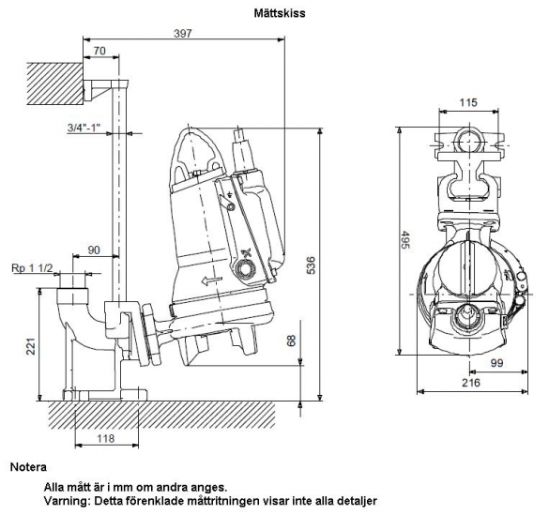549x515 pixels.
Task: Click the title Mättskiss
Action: click(x=280, y=13)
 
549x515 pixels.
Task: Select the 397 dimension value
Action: click(x=183, y=33)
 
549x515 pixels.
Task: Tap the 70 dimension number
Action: click(x=99, y=51)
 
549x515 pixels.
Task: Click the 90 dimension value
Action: click(x=94, y=250)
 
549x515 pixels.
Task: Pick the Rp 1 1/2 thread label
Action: click(x=32, y=268)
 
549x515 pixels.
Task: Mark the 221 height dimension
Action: click(x=32, y=346)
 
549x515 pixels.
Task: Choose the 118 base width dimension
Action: click(x=105, y=438)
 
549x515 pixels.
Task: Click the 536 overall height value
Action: click(x=311, y=265)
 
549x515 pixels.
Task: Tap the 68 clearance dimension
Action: click(x=291, y=341)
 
